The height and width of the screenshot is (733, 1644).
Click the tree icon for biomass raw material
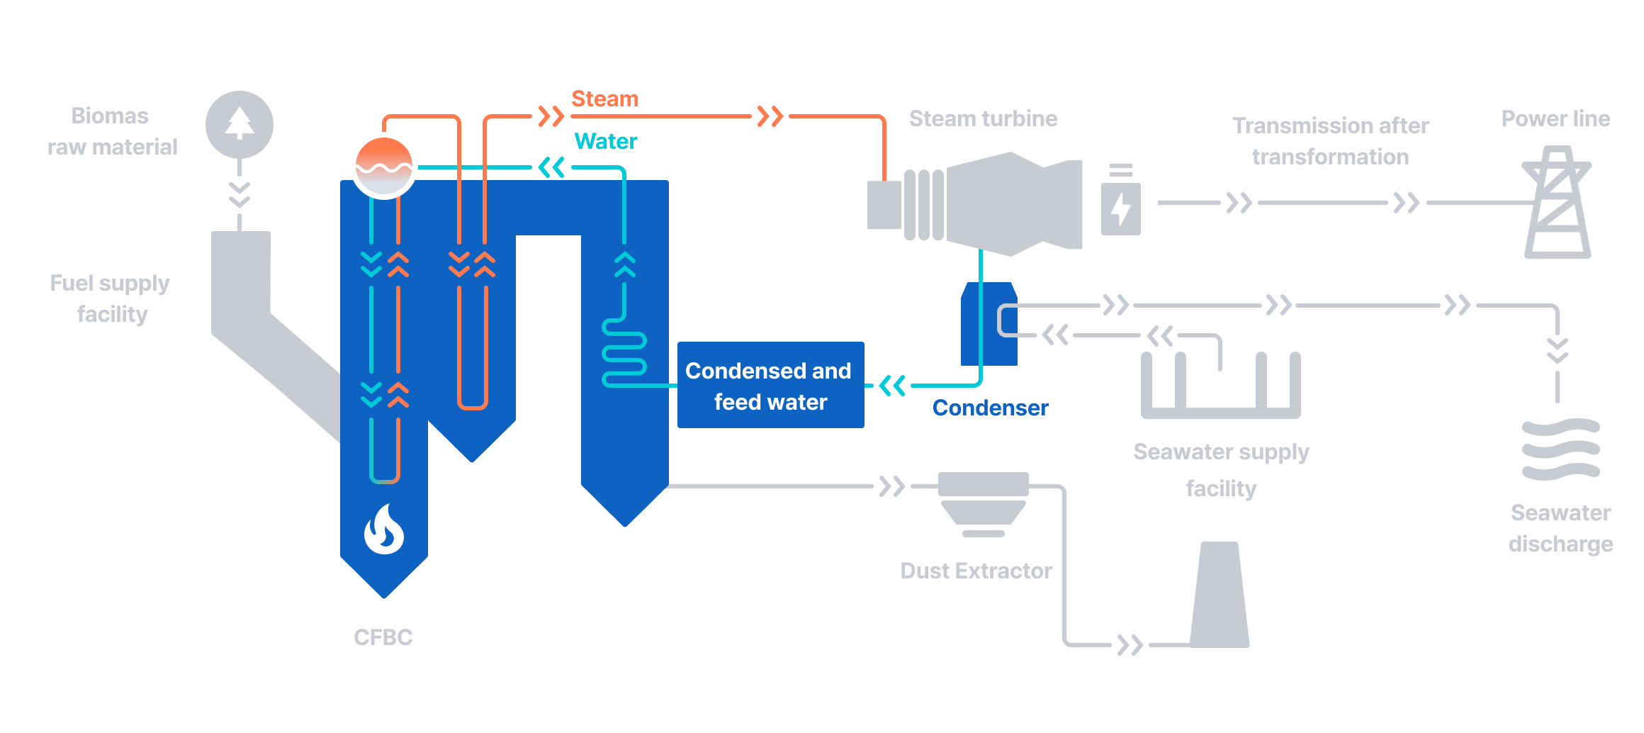(240, 124)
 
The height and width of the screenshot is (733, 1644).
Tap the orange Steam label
(604, 99)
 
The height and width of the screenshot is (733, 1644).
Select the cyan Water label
(605, 141)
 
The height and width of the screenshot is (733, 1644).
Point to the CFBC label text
(383, 637)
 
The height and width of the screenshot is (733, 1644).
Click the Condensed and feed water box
(770, 385)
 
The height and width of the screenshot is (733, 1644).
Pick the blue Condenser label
(990, 408)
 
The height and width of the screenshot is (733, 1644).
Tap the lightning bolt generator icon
(1121, 208)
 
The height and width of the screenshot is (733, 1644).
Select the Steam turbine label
(983, 118)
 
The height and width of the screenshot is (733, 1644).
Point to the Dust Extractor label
(976, 571)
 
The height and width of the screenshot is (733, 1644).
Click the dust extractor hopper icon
(983, 504)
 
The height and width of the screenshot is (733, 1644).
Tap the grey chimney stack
(1220, 595)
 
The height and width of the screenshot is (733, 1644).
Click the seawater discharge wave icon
(1561, 449)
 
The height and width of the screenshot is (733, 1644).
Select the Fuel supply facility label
(111, 298)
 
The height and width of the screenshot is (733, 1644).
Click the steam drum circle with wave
(384, 166)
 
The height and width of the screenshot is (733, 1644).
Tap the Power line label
(1555, 118)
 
